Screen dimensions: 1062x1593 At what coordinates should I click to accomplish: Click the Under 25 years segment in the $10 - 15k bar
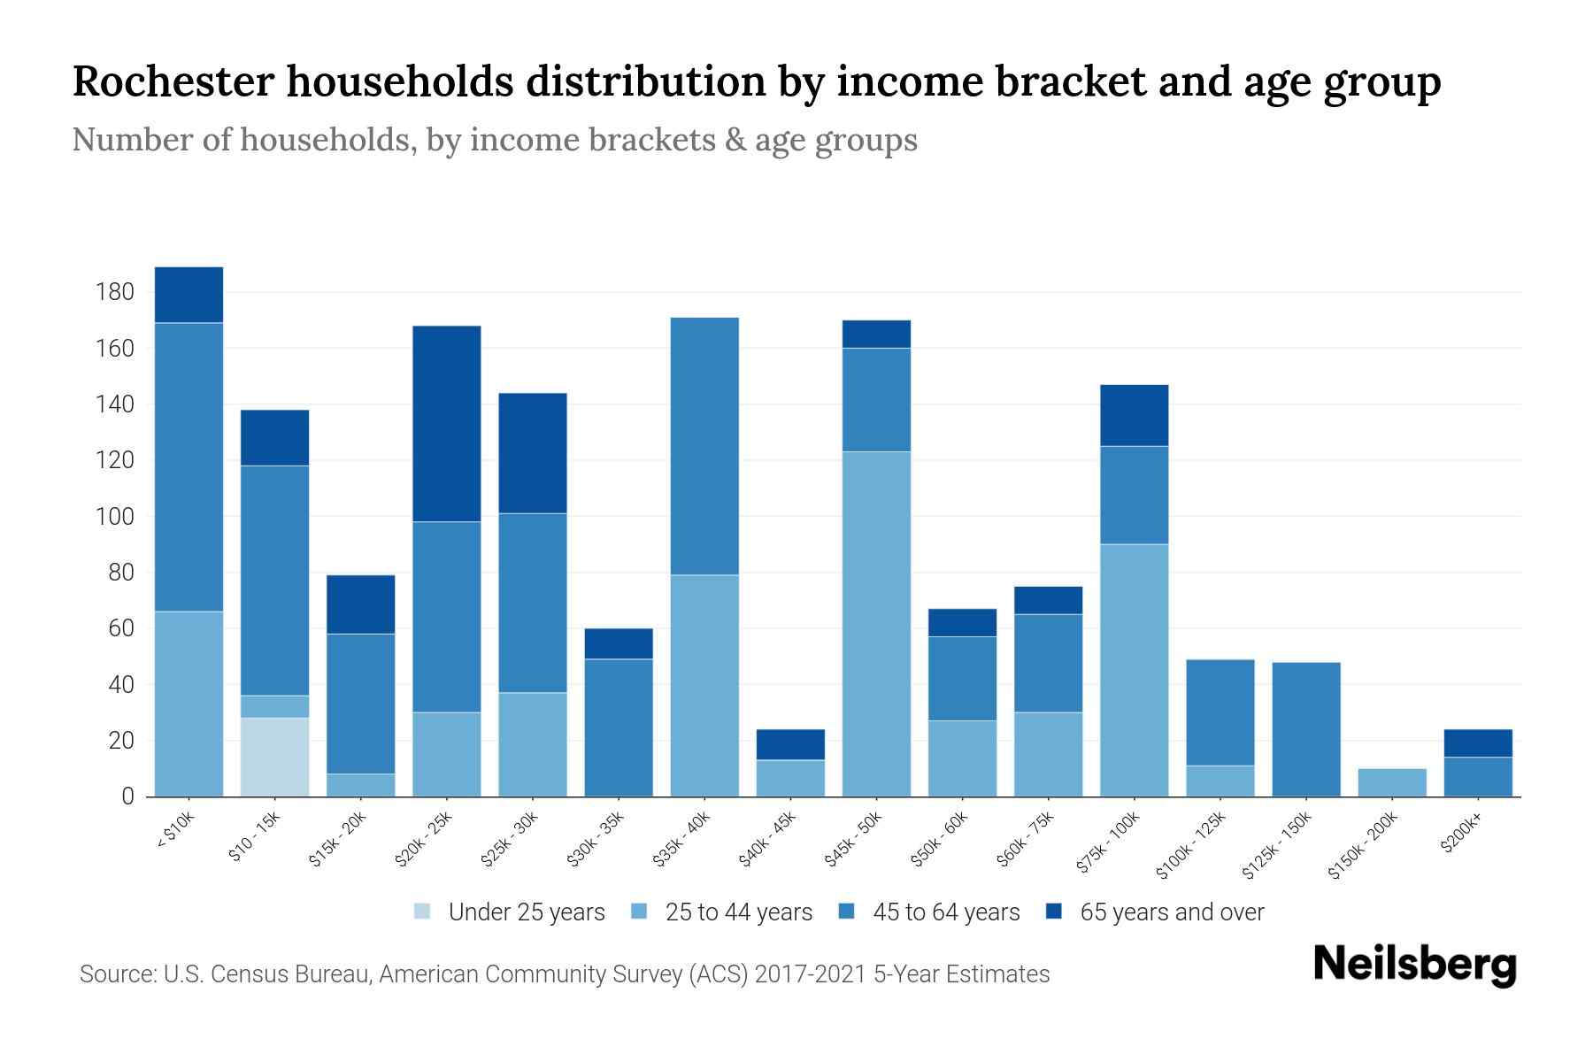(274, 757)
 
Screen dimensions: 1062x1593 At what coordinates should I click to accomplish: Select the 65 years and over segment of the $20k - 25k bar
(447, 424)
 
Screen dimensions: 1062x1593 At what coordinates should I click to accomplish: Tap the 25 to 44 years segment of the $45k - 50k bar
(876, 624)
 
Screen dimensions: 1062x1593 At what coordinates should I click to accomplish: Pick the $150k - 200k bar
(1392, 782)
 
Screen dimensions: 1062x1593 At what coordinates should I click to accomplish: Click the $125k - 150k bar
(1306, 729)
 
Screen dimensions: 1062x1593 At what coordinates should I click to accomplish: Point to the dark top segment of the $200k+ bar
(1478, 743)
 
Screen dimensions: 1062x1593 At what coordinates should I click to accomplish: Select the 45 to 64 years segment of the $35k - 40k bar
(704, 446)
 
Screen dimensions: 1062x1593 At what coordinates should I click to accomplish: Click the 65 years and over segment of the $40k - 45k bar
(790, 744)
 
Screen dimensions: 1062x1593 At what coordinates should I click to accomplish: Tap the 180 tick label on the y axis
(114, 293)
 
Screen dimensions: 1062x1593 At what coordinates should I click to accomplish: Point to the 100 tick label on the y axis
(114, 517)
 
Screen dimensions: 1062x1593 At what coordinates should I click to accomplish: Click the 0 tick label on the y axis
(127, 796)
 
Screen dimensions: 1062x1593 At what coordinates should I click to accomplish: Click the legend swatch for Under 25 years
(423, 912)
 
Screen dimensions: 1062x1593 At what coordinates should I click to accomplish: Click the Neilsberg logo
(1414, 965)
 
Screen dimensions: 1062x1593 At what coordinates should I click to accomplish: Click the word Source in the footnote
(116, 974)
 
